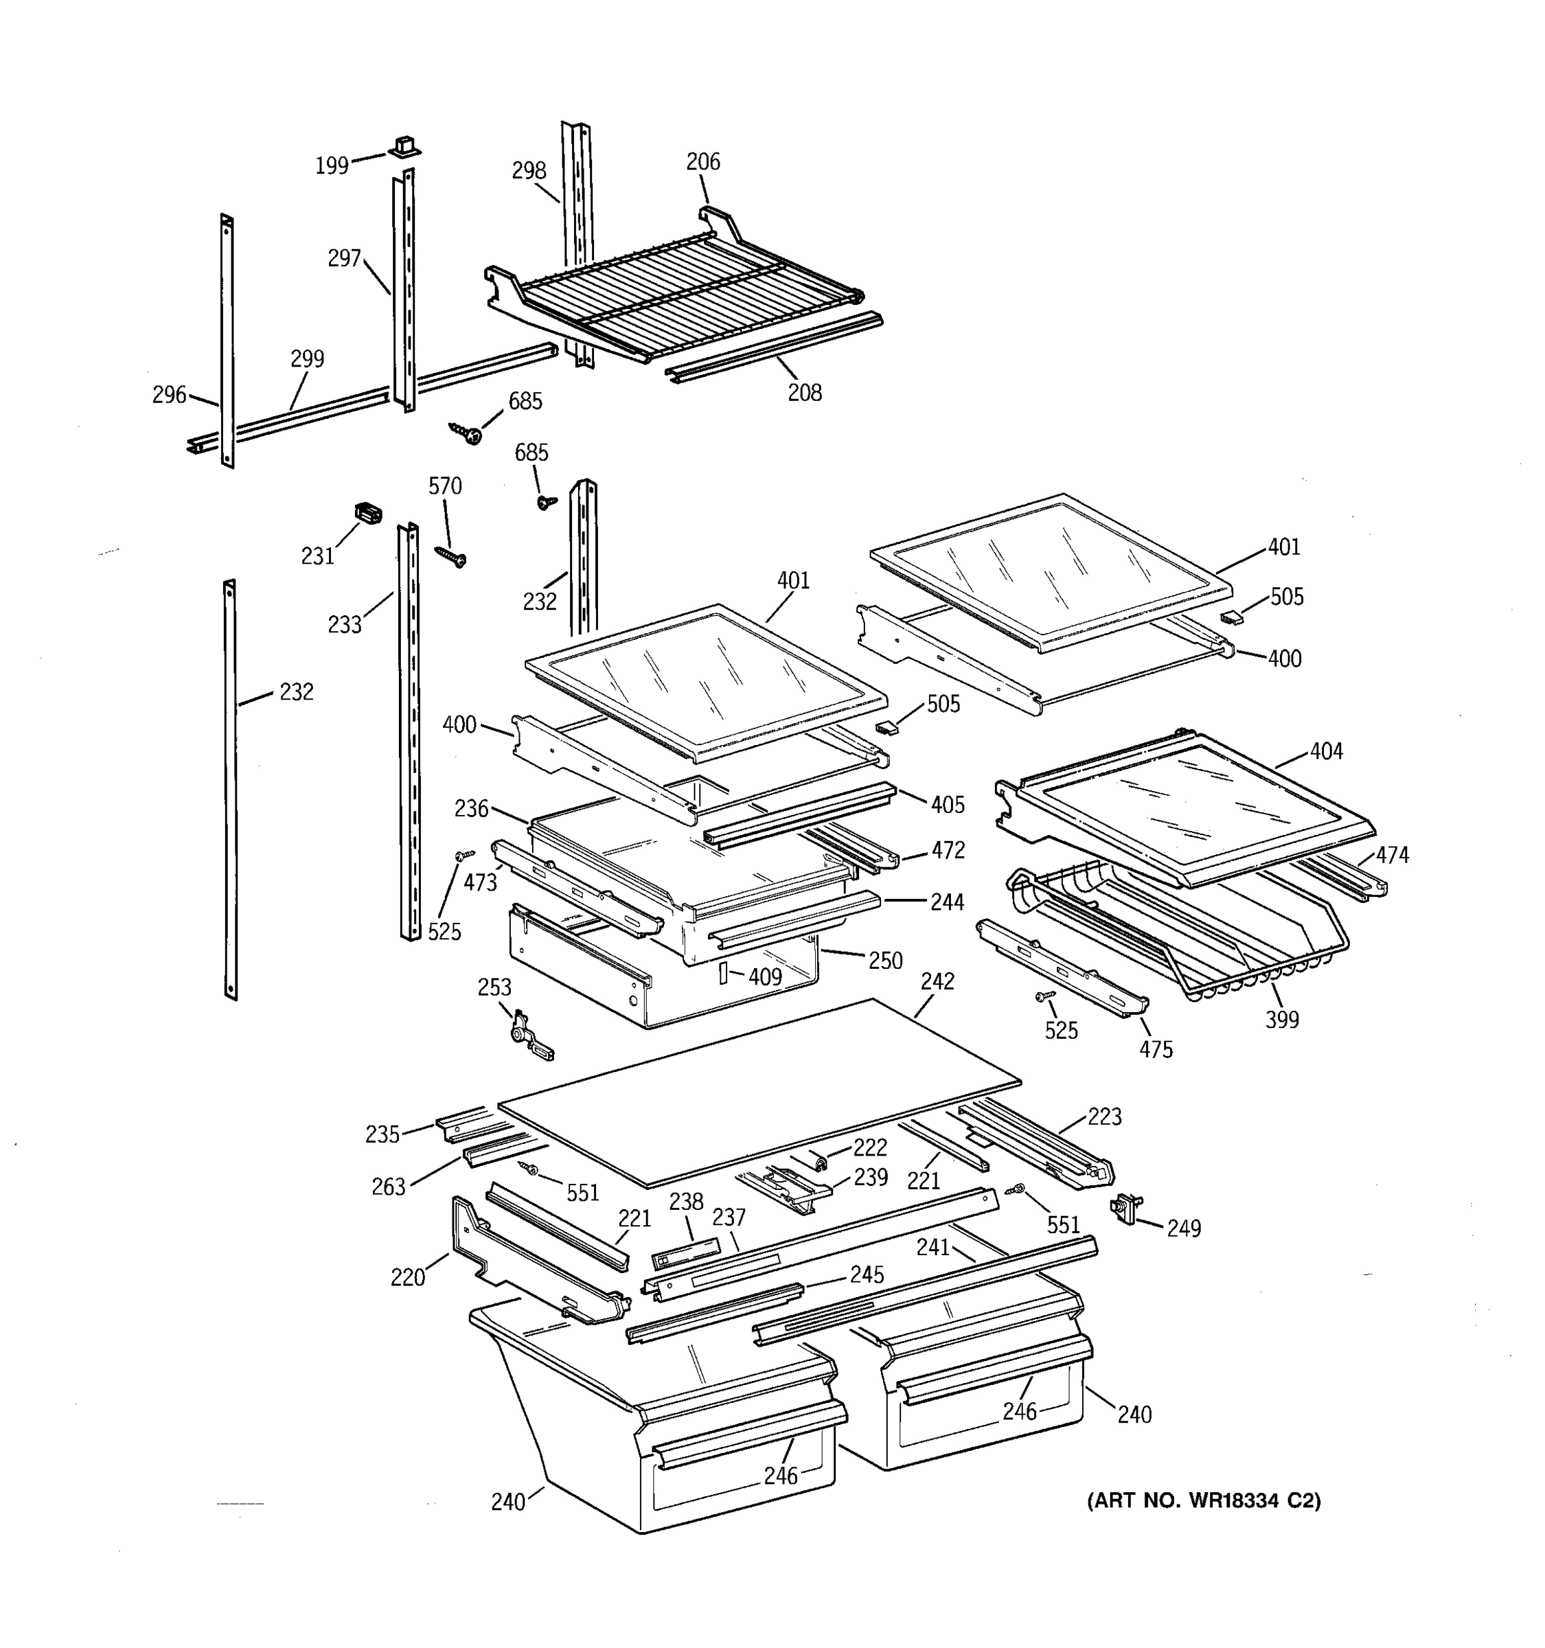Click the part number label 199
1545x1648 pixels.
click(x=332, y=165)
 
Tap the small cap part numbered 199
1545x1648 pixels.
click(x=404, y=147)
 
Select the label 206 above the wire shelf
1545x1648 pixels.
click(x=703, y=161)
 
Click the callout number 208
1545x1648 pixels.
click(x=804, y=393)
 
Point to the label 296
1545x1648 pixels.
click(x=169, y=396)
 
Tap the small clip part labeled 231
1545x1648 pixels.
click(x=368, y=513)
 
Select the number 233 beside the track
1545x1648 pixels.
click(x=344, y=624)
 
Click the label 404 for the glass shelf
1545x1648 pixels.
click(x=1326, y=751)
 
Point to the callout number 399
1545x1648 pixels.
click(x=1281, y=1020)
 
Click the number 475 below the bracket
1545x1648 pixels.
click(x=1156, y=1049)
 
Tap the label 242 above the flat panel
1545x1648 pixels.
click(x=937, y=981)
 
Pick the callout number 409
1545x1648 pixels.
click(x=764, y=977)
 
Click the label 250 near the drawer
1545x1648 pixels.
click(x=885, y=961)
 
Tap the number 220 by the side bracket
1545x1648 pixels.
click(x=408, y=1277)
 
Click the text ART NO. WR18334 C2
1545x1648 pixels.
click(x=1204, y=1500)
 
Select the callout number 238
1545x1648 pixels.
click(x=686, y=1201)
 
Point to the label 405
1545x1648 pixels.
click(x=948, y=804)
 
